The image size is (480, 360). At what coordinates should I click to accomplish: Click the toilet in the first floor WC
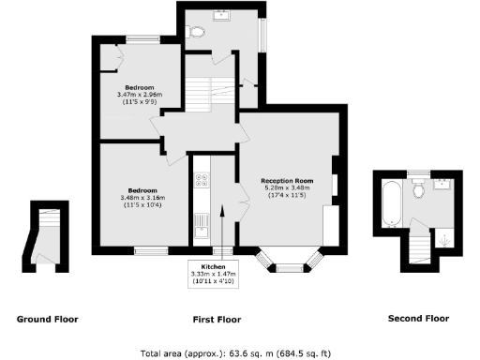tap(196, 31)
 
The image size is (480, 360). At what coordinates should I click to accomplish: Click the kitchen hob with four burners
tap(201, 181)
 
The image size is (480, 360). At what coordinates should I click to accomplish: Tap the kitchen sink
tap(201, 224)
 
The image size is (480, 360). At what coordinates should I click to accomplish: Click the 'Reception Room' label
tap(287, 180)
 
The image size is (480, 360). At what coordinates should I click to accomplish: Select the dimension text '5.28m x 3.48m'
tap(287, 187)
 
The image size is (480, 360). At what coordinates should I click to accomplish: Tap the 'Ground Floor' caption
tap(48, 319)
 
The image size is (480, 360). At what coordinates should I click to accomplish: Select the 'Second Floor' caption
tap(418, 319)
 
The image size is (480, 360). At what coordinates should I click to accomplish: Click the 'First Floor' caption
tap(217, 319)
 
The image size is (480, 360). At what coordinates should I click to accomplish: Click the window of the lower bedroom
tap(149, 250)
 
